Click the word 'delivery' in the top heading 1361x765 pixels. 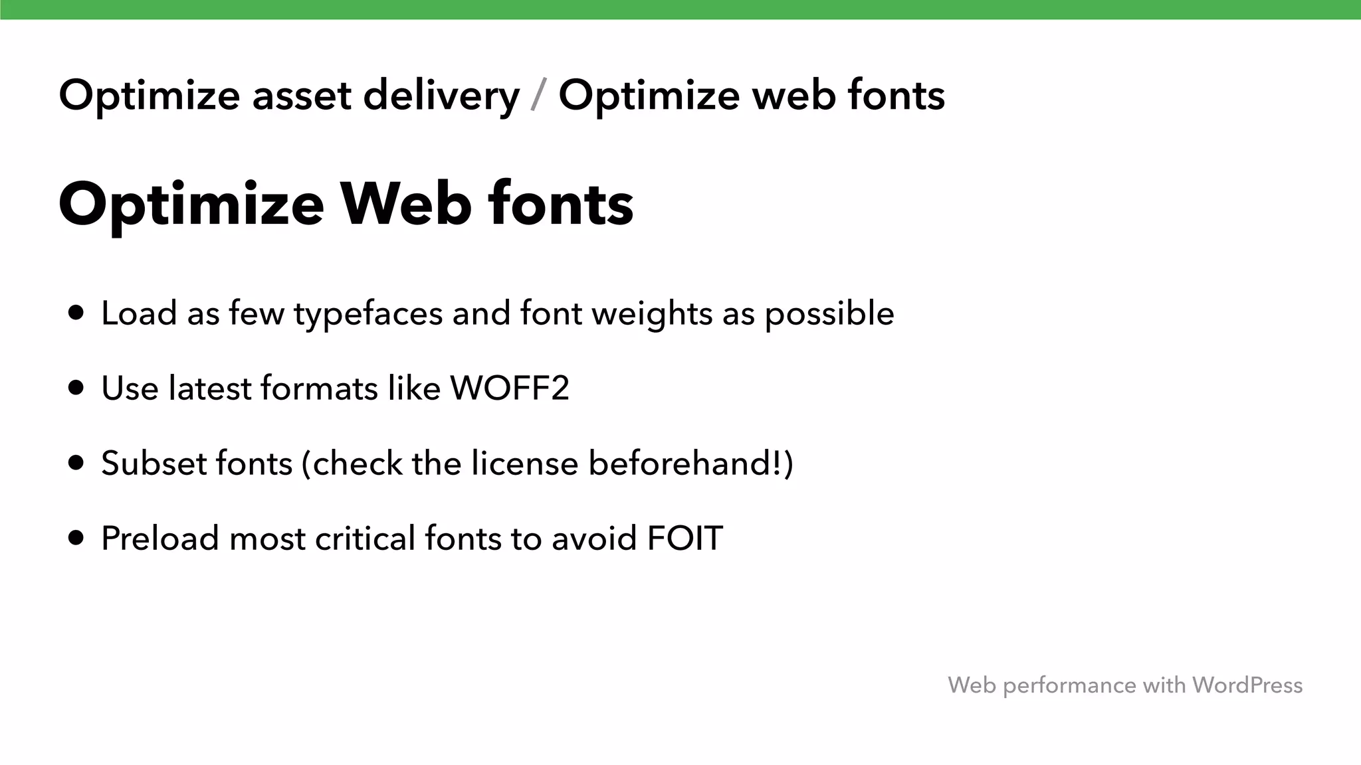click(x=441, y=96)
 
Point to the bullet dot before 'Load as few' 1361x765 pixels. click(x=76, y=313)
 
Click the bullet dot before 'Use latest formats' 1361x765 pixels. click(x=76, y=388)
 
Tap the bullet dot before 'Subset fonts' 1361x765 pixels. click(x=76, y=463)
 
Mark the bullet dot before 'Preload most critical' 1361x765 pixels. click(x=76, y=538)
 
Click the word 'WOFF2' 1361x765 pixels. click(x=510, y=388)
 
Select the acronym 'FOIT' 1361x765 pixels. click(x=684, y=538)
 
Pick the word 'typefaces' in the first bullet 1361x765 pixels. click(x=368, y=314)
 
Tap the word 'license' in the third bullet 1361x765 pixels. click(x=525, y=463)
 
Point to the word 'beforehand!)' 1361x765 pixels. click(x=691, y=463)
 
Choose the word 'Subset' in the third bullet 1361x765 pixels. click(x=150, y=463)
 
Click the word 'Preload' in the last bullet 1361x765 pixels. click(x=160, y=538)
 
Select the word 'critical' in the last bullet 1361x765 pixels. click(x=365, y=538)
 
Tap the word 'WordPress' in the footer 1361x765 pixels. click(x=1247, y=685)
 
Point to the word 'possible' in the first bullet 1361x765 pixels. click(x=829, y=314)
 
